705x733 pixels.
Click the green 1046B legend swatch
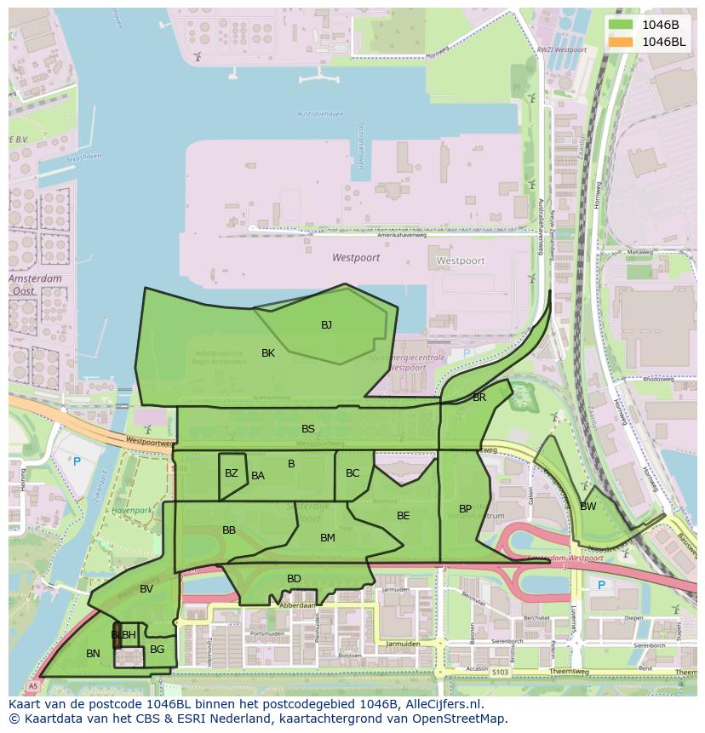621,25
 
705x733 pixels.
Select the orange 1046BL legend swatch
621,42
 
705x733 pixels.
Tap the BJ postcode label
326,325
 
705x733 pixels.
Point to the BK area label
268,353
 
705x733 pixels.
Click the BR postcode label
479,398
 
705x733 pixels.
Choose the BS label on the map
308,429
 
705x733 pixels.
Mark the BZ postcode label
232,473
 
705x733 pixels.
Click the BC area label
352,473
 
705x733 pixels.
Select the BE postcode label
404,516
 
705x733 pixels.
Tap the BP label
465,509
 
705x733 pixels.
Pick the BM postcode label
328,538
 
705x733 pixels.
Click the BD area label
294,579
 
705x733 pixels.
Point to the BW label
588,507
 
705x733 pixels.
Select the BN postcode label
94,654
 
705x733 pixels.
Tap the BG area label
157,650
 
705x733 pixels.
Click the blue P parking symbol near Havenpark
77,461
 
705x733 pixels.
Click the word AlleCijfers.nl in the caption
442,704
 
